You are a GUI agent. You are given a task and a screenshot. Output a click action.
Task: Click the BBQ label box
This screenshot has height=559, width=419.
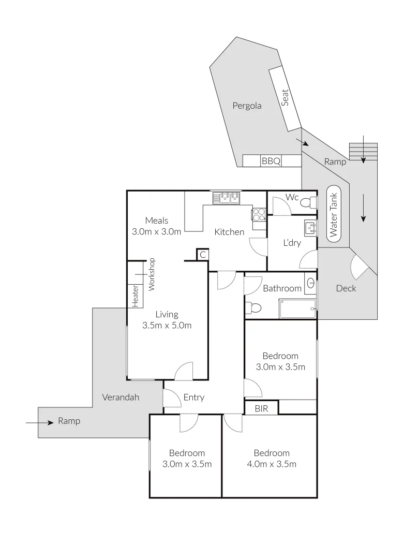pyautogui.click(x=271, y=161)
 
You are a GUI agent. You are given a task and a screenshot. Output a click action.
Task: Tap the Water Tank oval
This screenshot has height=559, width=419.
pyautogui.click(x=333, y=212)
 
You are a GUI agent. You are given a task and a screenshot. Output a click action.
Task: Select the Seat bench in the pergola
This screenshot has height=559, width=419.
pyautogui.click(x=285, y=98)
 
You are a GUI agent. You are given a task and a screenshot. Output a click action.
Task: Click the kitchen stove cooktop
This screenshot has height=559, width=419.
pyautogui.click(x=259, y=214)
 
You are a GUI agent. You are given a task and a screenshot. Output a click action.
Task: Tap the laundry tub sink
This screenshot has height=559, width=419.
pyautogui.click(x=310, y=227)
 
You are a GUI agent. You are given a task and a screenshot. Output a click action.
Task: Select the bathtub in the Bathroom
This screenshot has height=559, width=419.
pyautogui.click(x=297, y=308)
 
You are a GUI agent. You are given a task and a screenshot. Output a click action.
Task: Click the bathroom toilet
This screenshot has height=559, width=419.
pyautogui.click(x=253, y=308)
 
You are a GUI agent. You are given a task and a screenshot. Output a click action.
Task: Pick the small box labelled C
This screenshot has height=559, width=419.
pyautogui.click(x=202, y=255)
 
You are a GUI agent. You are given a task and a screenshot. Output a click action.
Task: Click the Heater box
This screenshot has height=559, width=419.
pyautogui.click(x=136, y=296)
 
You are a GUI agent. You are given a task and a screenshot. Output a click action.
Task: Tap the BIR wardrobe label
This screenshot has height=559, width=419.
pyautogui.click(x=261, y=408)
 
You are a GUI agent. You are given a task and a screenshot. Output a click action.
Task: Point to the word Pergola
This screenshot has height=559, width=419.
pyautogui.click(x=247, y=106)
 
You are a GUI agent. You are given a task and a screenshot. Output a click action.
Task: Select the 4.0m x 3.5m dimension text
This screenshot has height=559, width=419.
pyautogui.click(x=272, y=464)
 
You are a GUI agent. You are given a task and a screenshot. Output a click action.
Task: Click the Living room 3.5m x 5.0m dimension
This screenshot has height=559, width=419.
pyautogui.click(x=167, y=326)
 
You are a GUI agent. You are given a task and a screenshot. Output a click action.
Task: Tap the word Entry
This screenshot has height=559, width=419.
pyautogui.click(x=194, y=398)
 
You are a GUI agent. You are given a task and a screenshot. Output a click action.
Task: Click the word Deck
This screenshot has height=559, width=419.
pyautogui.click(x=346, y=288)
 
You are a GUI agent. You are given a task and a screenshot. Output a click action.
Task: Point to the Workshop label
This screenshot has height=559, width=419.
pyautogui.click(x=152, y=274)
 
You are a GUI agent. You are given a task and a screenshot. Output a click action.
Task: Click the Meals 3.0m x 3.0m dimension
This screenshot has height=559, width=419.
pyautogui.click(x=156, y=232)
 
